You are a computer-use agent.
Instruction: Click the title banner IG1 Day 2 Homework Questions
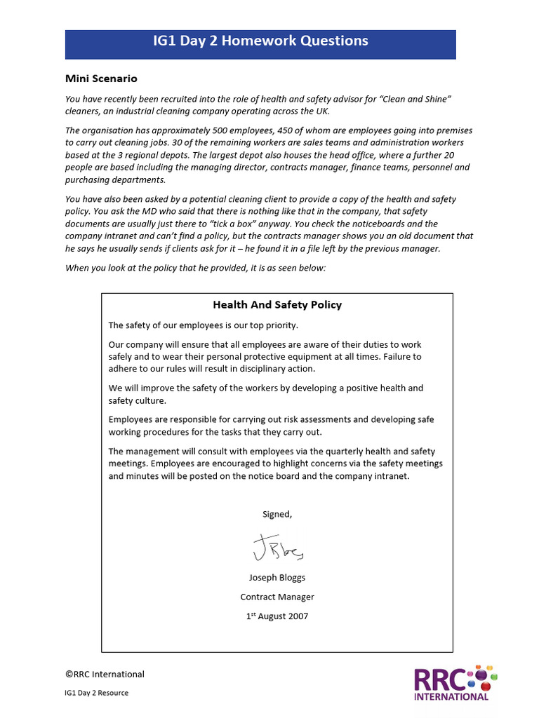click(x=260, y=41)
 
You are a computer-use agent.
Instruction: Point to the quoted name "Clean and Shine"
click(x=414, y=99)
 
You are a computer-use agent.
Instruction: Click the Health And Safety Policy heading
click(x=277, y=304)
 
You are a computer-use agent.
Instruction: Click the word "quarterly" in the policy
click(x=322, y=452)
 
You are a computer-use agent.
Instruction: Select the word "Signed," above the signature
click(x=277, y=514)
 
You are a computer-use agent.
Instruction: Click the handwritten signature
click(x=278, y=548)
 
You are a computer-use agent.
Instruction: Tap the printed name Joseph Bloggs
click(x=277, y=578)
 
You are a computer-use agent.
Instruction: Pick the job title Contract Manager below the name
click(x=277, y=597)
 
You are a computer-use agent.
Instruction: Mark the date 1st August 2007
click(x=277, y=616)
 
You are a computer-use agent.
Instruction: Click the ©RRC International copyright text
click(x=105, y=675)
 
